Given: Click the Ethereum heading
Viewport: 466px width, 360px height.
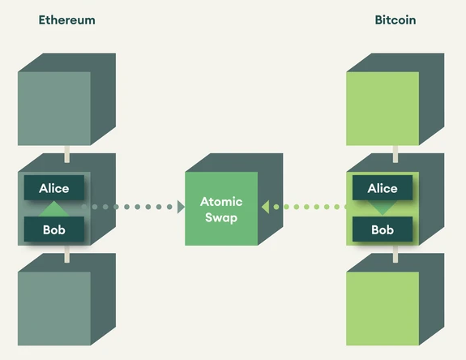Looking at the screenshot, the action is click(67, 20).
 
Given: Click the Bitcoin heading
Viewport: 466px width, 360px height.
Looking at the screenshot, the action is click(395, 20).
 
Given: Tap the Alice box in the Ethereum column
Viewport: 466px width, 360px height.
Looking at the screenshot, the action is click(54, 187).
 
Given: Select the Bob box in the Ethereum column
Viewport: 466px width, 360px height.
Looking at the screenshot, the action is click(54, 229).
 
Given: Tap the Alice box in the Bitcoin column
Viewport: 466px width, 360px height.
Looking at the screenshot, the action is click(383, 187).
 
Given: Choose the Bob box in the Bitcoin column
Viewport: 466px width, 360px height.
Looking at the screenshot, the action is click(383, 229).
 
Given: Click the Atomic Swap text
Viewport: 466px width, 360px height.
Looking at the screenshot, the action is click(221, 209).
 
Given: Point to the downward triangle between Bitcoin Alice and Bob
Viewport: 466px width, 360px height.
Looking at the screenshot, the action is click(383, 208).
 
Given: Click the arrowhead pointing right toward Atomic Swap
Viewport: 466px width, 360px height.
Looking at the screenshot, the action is click(181, 207).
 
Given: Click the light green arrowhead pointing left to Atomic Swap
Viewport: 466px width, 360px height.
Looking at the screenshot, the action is click(265, 207).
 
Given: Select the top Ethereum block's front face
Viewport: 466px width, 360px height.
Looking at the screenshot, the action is click(54, 109).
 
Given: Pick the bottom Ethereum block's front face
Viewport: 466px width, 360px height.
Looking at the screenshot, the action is click(54, 309).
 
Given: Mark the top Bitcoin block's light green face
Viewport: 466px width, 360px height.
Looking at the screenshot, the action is click(383, 109).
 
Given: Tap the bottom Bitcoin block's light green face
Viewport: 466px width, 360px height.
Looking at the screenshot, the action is click(383, 309).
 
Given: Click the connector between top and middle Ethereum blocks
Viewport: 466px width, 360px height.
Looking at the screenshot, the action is click(67, 154).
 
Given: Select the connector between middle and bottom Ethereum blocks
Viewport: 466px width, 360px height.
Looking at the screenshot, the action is click(67, 254).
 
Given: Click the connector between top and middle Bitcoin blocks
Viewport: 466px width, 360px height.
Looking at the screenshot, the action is click(395, 154).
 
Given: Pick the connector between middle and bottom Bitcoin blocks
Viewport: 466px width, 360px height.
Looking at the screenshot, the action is click(395, 254).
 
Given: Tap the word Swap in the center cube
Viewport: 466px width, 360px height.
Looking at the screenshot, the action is click(221, 218).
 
